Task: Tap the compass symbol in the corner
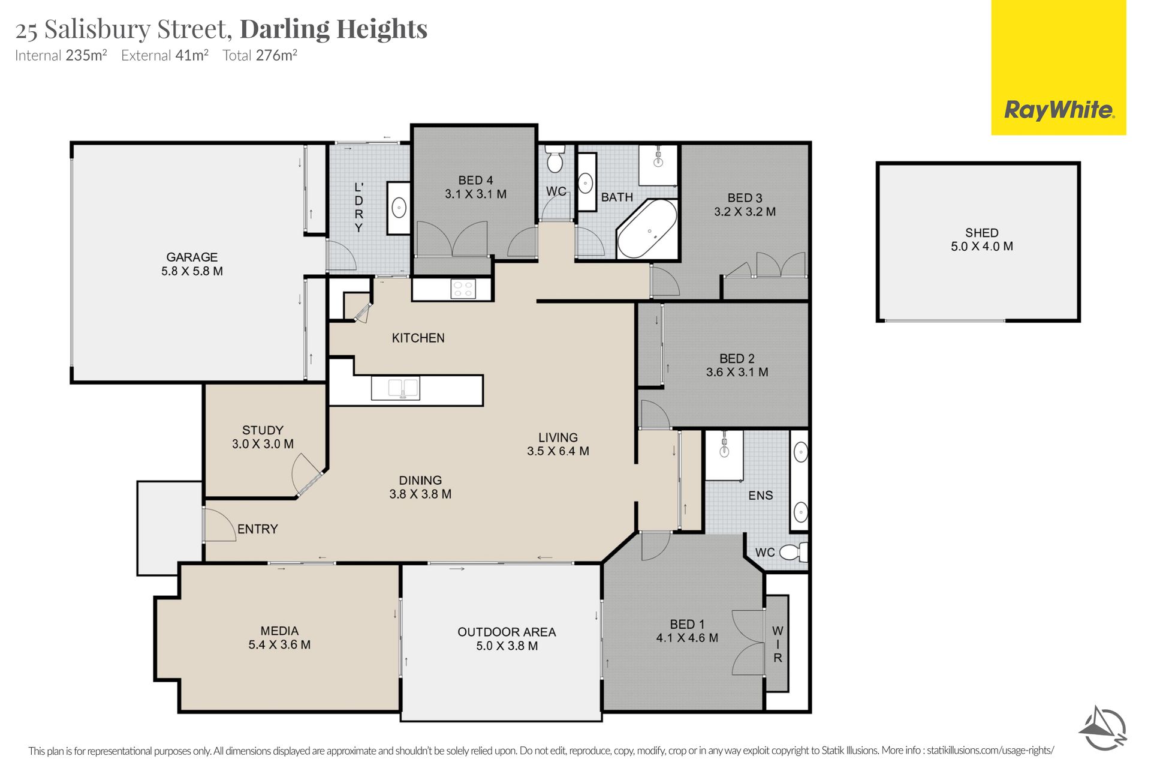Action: (x=1104, y=728)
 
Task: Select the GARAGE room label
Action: (x=192, y=257)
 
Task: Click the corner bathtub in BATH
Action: (x=647, y=229)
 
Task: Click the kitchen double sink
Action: (x=396, y=388)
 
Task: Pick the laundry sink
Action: (x=399, y=208)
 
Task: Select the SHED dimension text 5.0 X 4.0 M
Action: (x=982, y=247)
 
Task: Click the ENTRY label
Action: (x=258, y=529)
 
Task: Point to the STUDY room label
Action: (x=263, y=430)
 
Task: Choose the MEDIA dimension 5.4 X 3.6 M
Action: (x=279, y=645)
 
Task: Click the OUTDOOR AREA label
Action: (x=507, y=632)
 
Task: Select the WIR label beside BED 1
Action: (x=778, y=644)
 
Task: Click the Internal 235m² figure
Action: (x=86, y=55)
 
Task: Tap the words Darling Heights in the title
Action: (x=334, y=29)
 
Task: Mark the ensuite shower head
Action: (x=724, y=445)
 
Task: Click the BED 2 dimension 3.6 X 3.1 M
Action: (x=737, y=372)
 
